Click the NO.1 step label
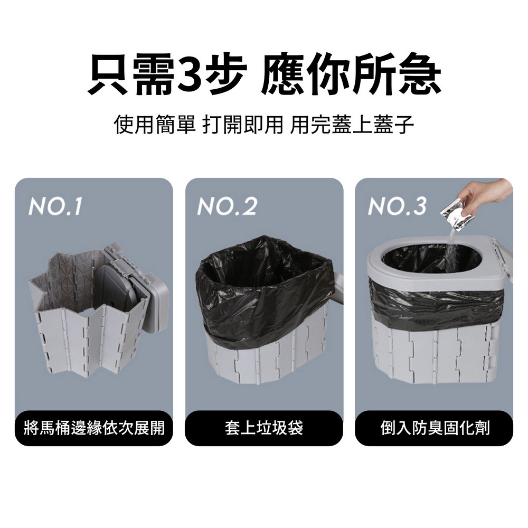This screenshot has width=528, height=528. pos(55,208)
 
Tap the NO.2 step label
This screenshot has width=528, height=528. pos(227,208)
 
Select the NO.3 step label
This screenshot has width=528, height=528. pos(397,208)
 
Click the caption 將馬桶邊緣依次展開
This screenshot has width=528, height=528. pos(94,428)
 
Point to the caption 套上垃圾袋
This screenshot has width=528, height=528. pos(264,428)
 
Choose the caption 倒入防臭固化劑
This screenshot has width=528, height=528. pos(434,428)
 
